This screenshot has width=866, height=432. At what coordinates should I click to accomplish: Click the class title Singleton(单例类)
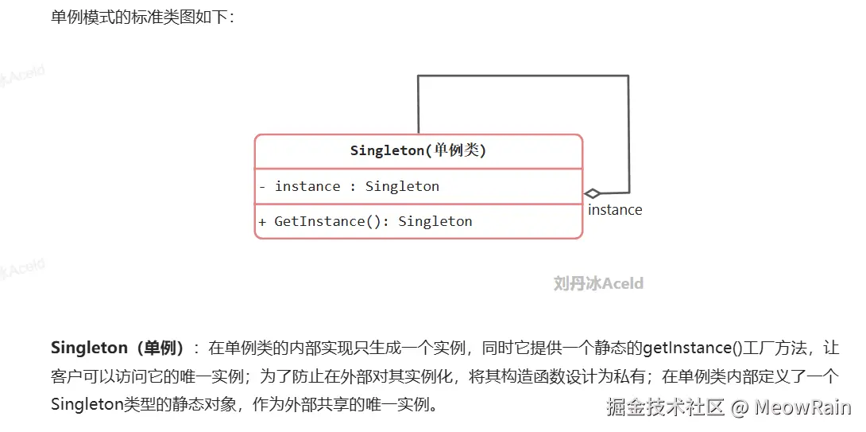tap(418, 151)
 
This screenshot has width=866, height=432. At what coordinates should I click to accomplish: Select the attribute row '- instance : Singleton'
tap(349, 186)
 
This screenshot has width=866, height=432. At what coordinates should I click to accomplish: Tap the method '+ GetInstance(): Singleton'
tap(365, 222)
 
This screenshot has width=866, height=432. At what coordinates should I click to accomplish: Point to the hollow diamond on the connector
tap(592, 193)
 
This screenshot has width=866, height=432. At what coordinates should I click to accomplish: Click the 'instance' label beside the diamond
tap(615, 210)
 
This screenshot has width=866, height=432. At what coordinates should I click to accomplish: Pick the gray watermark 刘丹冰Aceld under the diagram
tap(599, 284)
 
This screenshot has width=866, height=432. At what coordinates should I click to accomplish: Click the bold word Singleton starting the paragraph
tap(90, 348)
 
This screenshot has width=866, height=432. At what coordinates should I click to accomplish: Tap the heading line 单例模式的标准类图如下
tap(143, 17)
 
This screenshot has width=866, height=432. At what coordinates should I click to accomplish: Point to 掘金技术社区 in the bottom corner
tap(665, 407)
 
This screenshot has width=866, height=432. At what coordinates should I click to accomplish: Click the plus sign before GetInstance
tap(262, 222)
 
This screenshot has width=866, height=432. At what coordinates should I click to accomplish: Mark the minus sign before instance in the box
tap(262, 186)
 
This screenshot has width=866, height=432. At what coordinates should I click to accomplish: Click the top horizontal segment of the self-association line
tap(523, 76)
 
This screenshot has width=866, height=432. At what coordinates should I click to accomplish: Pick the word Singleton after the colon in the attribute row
tap(403, 186)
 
